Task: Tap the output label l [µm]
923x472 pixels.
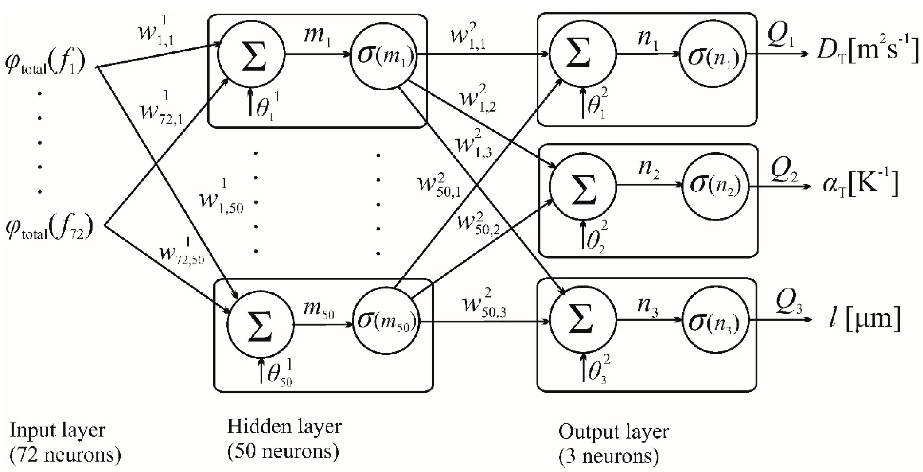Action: (x=864, y=319)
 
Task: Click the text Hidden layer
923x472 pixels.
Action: (x=284, y=427)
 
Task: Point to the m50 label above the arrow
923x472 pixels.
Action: (x=318, y=309)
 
